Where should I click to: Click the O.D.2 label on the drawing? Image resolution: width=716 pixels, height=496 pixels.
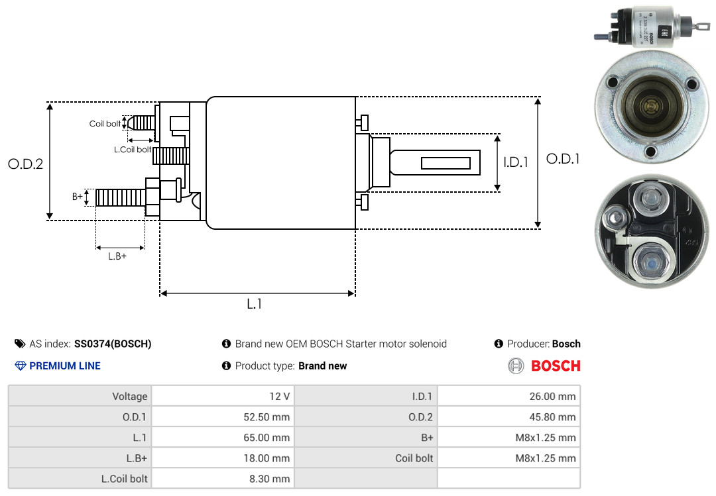coord(26,164)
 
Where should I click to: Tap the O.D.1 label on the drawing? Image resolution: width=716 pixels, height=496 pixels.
coord(563,159)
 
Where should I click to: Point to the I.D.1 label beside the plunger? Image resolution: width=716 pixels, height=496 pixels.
coord(516,162)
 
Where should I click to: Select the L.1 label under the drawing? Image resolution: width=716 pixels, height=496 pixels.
coord(255,304)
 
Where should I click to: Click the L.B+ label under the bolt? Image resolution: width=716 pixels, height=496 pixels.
coord(117,256)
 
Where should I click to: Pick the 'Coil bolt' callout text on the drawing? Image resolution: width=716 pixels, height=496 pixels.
coord(105,124)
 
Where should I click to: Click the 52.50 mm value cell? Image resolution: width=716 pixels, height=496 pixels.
coord(267,417)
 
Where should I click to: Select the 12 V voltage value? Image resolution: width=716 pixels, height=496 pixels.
coord(280,396)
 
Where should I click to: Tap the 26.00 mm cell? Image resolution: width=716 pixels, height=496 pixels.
coord(552,396)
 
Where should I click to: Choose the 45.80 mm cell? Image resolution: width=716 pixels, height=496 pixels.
coord(552,417)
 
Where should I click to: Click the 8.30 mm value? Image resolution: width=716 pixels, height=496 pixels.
coord(269,479)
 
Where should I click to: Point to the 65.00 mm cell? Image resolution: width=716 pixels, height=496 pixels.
coord(267,438)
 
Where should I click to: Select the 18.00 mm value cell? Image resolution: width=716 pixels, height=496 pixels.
coord(267,458)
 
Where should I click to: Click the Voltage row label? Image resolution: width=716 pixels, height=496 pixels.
coord(130,396)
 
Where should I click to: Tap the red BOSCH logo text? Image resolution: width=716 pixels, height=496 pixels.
coord(556,366)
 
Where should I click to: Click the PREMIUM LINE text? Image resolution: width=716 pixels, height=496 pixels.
coord(65,366)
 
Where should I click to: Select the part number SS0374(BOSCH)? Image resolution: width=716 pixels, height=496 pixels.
coord(113,344)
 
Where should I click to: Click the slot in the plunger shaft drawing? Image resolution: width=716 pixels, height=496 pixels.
coord(446,163)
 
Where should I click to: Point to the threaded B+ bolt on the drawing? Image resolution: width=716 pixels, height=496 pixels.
coord(121,197)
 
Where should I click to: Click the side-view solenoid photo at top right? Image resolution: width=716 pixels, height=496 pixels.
coord(652,27)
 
